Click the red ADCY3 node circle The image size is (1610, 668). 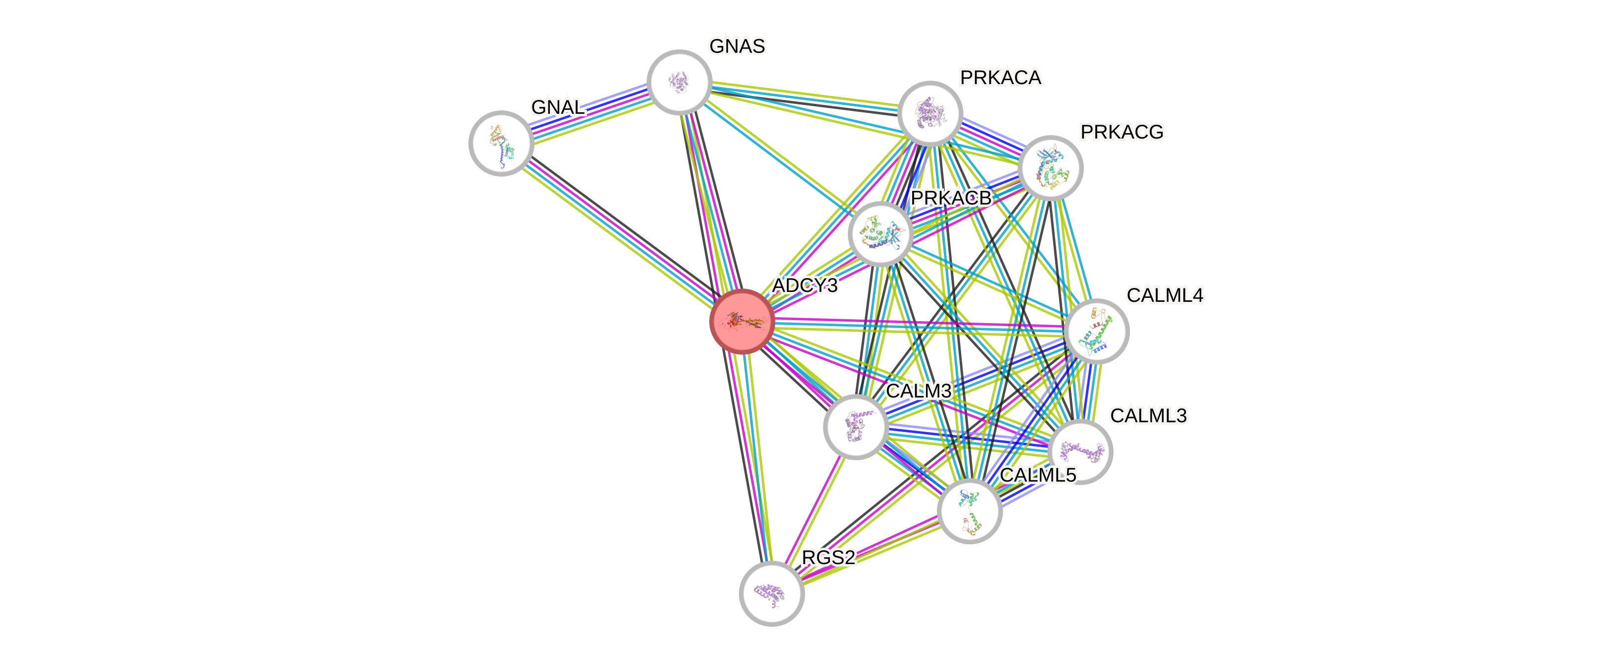click(x=742, y=321)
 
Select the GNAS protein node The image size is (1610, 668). click(x=680, y=82)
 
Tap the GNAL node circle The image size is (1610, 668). click(x=501, y=143)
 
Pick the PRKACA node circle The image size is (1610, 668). click(x=929, y=113)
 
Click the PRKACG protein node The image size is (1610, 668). click(x=1050, y=167)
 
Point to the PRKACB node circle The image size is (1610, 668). click(x=880, y=234)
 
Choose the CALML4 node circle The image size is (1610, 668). click(x=1096, y=331)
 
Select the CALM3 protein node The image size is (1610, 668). click(x=856, y=428)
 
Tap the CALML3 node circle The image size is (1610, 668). click(x=1080, y=451)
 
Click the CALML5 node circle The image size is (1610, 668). click(x=970, y=511)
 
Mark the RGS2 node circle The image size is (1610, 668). click(x=771, y=593)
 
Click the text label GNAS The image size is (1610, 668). click(x=737, y=46)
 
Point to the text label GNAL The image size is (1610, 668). click(x=557, y=107)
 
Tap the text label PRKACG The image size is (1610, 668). click(x=1122, y=132)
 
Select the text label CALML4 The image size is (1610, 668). click(x=1165, y=295)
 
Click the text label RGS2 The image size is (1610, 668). click(x=828, y=557)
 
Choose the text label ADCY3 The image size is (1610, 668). click(x=805, y=286)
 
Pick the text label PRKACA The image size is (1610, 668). click(x=1001, y=78)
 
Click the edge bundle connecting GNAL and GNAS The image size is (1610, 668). click(x=590, y=112)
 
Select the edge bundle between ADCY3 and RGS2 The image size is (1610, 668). click(x=756, y=456)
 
